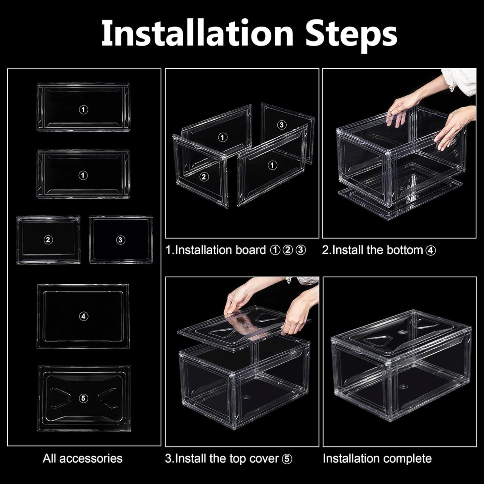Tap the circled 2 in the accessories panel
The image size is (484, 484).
click(48, 239)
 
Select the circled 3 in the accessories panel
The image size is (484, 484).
click(121, 239)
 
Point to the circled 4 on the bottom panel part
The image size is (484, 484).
click(83, 316)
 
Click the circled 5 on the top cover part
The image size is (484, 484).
click(83, 398)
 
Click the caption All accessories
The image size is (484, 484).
click(82, 458)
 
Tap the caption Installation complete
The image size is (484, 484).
click(377, 458)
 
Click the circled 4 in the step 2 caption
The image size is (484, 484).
click(431, 251)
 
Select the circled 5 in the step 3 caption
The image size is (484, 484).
click(287, 459)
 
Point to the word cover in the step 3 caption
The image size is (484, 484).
click(262, 459)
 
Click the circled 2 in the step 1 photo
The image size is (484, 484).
click(204, 177)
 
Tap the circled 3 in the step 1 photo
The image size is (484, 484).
click(282, 125)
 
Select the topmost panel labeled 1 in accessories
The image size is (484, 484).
click(83, 108)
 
